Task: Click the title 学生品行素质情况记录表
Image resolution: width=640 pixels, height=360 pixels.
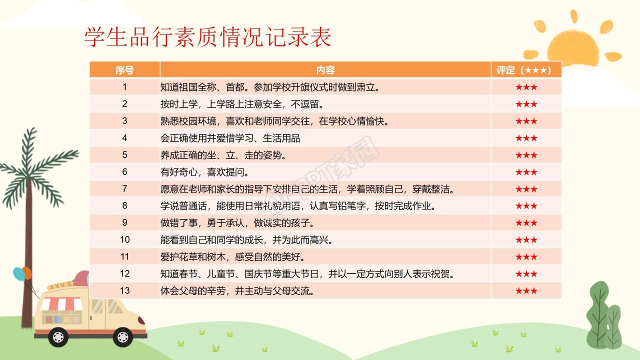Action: tap(208, 37)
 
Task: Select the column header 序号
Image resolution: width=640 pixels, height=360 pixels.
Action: tap(124, 70)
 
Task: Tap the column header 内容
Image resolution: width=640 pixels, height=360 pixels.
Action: tap(325, 70)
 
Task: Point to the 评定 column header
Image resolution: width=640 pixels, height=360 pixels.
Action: tap(526, 70)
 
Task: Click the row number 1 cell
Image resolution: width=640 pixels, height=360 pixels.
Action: tap(124, 87)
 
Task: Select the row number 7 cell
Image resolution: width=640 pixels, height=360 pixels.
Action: tap(124, 189)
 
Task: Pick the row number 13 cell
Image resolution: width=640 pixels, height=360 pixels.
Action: tap(124, 290)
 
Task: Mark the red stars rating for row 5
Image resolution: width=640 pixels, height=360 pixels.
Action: tap(526, 155)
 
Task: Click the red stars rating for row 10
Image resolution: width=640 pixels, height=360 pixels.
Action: tap(526, 240)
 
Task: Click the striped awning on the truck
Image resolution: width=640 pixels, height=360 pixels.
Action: tap(61, 303)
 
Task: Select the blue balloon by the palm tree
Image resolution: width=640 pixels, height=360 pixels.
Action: tap(18, 273)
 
